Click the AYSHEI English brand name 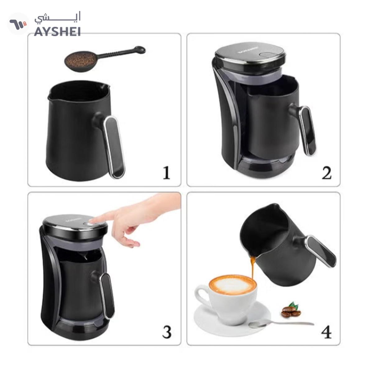[57, 32]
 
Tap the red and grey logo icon [18, 24]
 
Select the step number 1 [167, 173]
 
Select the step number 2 [326, 173]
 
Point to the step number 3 [167, 332]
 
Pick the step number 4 [326, 332]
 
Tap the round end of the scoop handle [140, 49]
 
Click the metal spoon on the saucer [280, 324]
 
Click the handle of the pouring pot [322, 251]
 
